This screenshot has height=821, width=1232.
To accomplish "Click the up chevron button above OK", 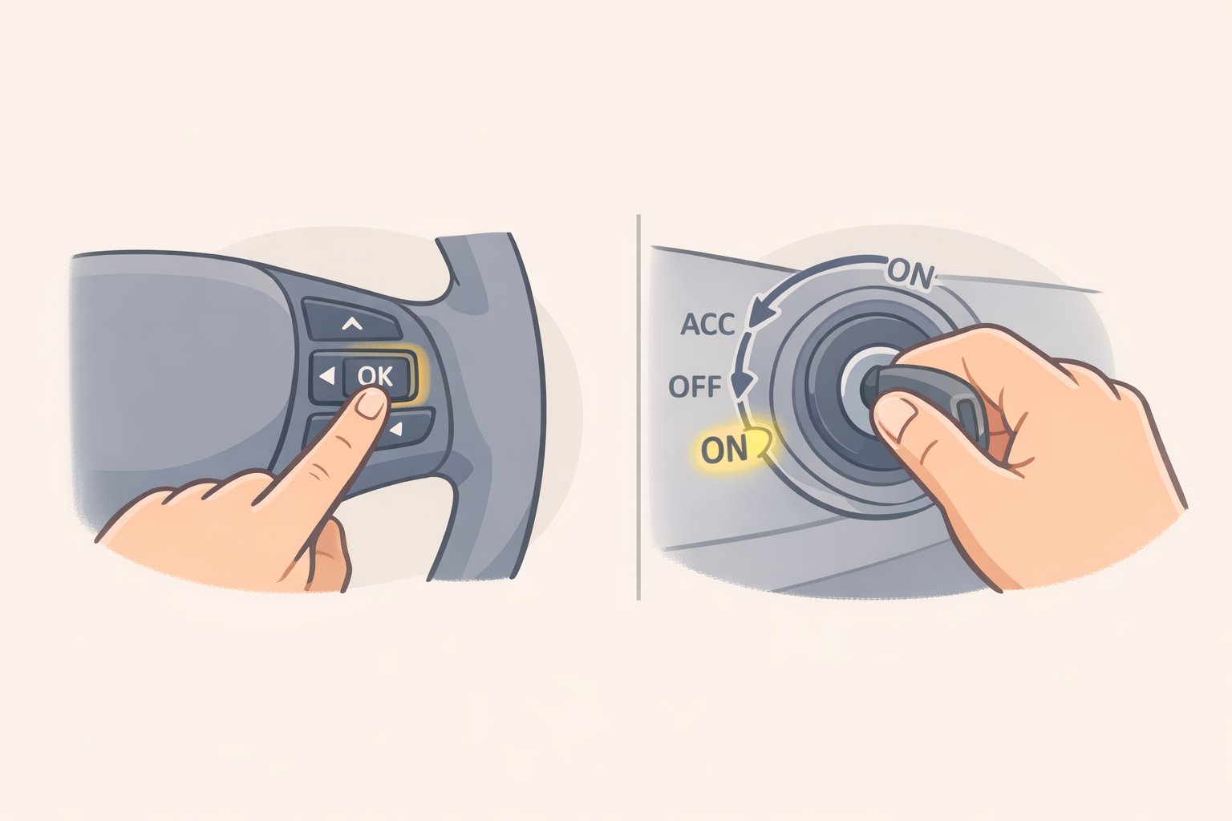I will click(351, 324).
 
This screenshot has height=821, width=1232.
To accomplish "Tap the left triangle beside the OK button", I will click(325, 375).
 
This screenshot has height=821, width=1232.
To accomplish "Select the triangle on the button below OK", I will click(395, 431).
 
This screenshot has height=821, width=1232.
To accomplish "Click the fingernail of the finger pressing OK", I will click(371, 402).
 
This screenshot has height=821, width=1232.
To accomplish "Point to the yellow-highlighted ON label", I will click(724, 450).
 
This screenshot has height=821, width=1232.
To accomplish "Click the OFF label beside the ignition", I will click(695, 387).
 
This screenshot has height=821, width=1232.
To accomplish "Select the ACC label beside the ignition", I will click(707, 325).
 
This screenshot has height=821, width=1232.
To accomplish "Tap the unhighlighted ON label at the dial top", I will click(911, 275).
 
